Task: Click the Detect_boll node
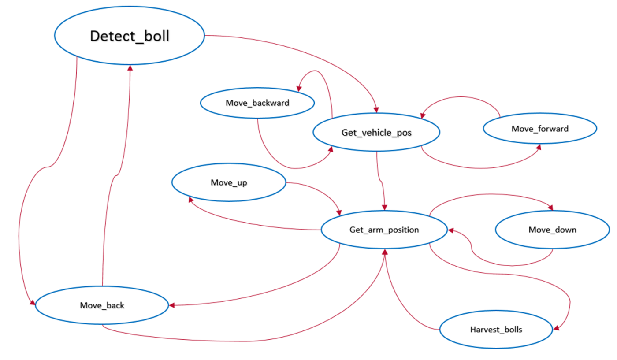[x=129, y=36]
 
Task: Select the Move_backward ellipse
[x=257, y=103]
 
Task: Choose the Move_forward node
[x=540, y=129]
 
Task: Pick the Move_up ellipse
[x=229, y=183]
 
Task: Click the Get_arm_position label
[x=384, y=230]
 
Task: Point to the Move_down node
[x=552, y=230]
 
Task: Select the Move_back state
[x=102, y=305]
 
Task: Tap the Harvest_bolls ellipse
[x=496, y=329]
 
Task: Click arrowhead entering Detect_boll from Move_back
[x=130, y=67]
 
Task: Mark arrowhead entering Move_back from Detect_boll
[x=33, y=302]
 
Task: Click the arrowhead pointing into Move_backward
[x=298, y=89]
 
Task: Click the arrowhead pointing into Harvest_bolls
[x=557, y=328]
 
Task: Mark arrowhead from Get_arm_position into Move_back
[x=172, y=305]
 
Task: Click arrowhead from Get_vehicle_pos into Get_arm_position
[x=385, y=207]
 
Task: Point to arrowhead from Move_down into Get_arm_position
[x=451, y=230]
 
